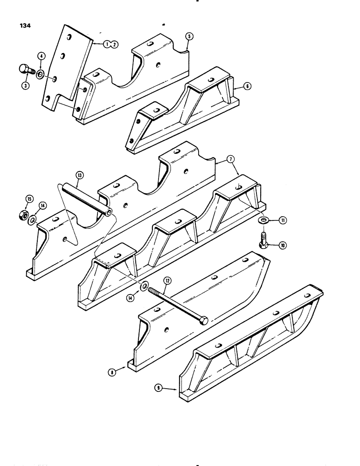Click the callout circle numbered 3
24,85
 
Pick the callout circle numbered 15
29,199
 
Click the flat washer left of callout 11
264,219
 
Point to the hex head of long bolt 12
204,322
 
